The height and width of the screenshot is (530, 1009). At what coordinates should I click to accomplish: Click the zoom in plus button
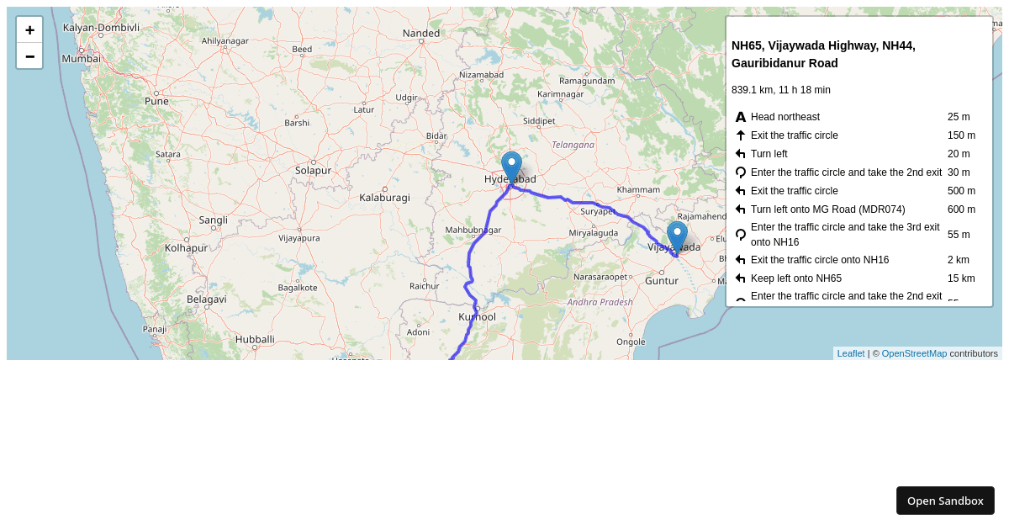click(29, 30)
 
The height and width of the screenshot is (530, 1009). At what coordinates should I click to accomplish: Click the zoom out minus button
click(29, 56)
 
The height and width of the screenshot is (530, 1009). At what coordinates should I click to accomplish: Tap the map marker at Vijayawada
click(677, 237)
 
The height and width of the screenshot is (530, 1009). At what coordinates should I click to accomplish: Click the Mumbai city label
click(81, 59)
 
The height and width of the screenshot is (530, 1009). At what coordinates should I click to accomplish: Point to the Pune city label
click(156, 101)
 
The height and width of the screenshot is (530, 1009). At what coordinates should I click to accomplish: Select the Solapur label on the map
click(313, 170)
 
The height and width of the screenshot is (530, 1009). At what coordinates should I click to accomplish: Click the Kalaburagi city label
click(384, 198)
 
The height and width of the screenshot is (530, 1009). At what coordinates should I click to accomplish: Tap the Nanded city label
click(421, 33)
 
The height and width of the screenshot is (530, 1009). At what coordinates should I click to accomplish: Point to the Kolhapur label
click(186, 248)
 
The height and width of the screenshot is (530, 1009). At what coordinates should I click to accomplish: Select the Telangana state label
click(573, 145)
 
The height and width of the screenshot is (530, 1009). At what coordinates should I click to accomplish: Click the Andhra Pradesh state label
click(600, 301)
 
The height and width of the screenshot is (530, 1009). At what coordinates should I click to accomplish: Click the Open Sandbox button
click(945, 501)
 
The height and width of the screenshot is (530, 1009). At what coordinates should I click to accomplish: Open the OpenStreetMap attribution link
click(914, 353)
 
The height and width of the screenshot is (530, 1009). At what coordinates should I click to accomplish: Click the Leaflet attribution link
click(850, 353)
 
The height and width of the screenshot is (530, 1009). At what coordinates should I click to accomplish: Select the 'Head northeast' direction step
click(784, 117)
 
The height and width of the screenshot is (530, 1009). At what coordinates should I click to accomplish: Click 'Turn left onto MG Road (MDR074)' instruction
click(827, 209)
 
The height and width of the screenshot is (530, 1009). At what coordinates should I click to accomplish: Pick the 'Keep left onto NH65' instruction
click(795, 278)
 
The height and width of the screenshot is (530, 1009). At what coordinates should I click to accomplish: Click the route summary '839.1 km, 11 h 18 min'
click(780, 90)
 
